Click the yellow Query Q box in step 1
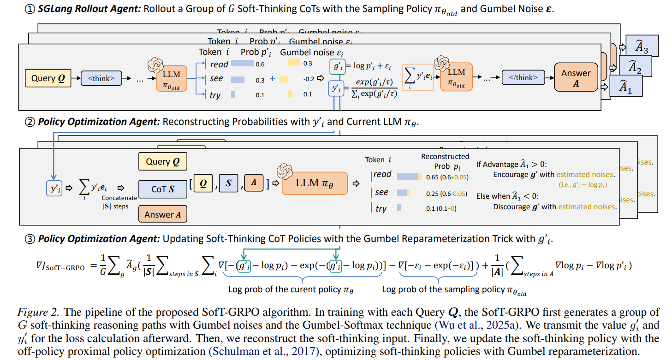point(48,78)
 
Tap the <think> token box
point(101,78)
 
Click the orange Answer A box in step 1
point(576,78)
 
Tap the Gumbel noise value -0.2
point(309,79)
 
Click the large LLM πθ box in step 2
point(314,183)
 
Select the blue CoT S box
point(162,189)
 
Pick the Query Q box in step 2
point(162,162)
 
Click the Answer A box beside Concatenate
point(162,214)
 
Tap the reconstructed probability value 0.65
point(432,177)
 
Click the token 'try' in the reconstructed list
point(381,209)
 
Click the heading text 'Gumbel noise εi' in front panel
point(312,52)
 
